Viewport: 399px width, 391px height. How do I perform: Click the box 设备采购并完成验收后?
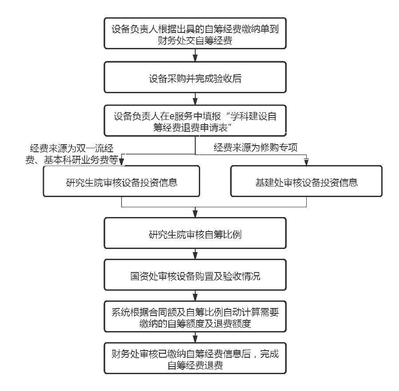pyautogui.click(x=195, y=79)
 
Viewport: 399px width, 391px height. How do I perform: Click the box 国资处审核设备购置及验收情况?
pyautogui.click(x=195, y=276)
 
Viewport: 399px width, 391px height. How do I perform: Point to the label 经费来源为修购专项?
pyautogui.click(x=255, y=148)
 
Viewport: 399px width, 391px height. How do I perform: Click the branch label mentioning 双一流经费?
pyautogui.click(x=74, y=154)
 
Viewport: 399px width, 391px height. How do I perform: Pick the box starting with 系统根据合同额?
pyautogui.click(x=195, y=318)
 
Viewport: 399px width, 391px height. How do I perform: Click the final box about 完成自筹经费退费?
pyautogui.click(x=195, y=359)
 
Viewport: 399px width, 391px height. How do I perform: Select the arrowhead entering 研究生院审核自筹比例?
pyautogui.click(x=195, y=215)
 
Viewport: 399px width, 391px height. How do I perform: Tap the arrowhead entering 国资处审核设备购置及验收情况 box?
pyautogui.click(x=195, y=257)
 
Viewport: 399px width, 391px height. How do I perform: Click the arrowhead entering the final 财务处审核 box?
pyautogui.click(x=195, y=340)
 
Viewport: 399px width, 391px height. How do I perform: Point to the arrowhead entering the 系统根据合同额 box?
pyautogui.click(x=195, y=298)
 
